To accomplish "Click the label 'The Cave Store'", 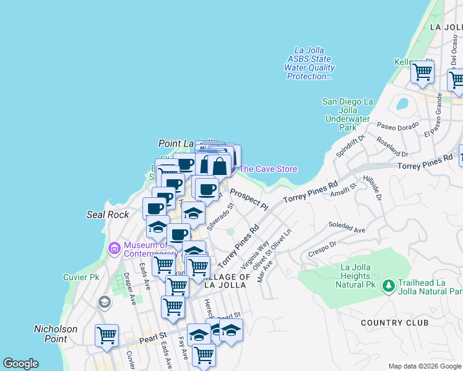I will click(x=268, y=169).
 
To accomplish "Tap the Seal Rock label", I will click(x=108, y=215).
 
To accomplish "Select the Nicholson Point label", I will click(x=56, y=334).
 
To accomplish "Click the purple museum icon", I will click(x=114, y=249).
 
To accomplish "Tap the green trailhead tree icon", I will click(x=388, y=286).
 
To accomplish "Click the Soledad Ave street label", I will click(x=347, y=227).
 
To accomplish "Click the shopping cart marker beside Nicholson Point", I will click(x=106, y=336).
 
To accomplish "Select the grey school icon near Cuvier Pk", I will click(x=104, y=302).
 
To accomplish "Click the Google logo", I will click(x=20, y=364).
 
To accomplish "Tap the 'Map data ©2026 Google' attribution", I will click(x=424, y=366).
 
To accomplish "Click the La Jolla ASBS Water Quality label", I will click(x=310, y=64).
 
